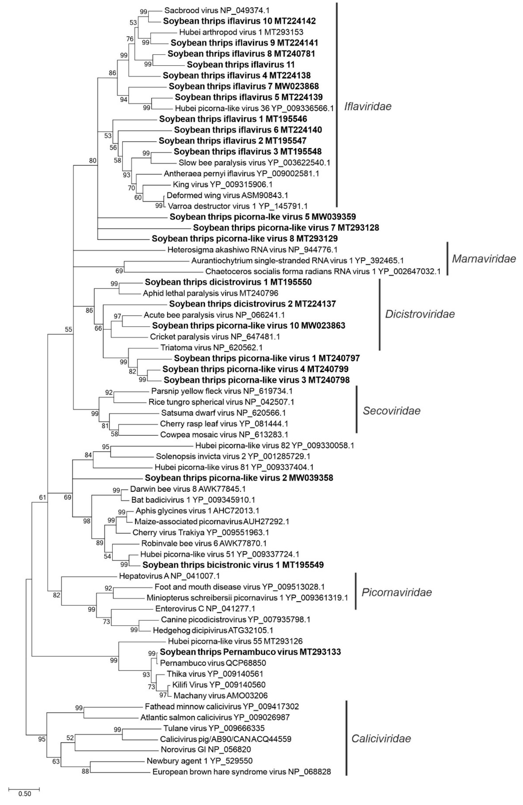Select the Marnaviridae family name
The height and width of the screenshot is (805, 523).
tap(484, 259)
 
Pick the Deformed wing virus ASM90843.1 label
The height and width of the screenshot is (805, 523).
tap(227, 195)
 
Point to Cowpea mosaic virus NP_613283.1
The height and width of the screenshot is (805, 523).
tap(224, 434)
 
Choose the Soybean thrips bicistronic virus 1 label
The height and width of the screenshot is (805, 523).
tap(233, 564)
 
